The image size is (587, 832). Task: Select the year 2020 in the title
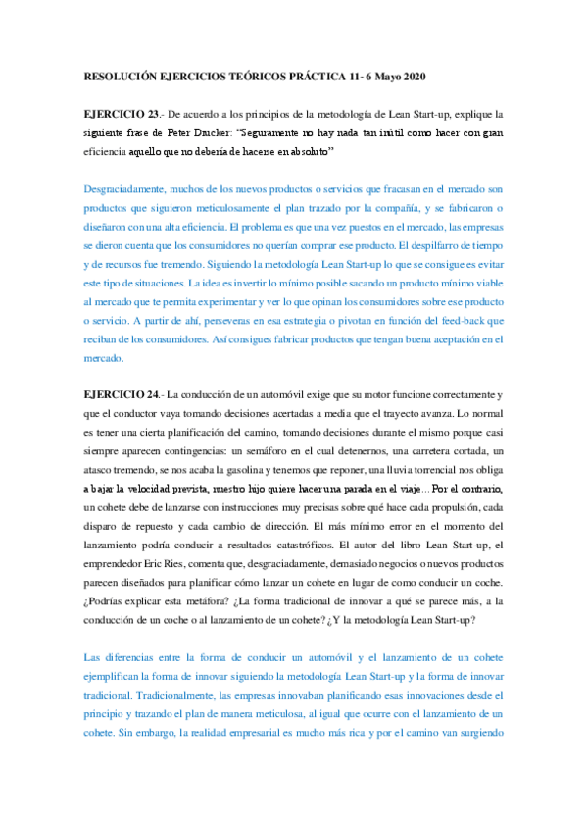point(412,76)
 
